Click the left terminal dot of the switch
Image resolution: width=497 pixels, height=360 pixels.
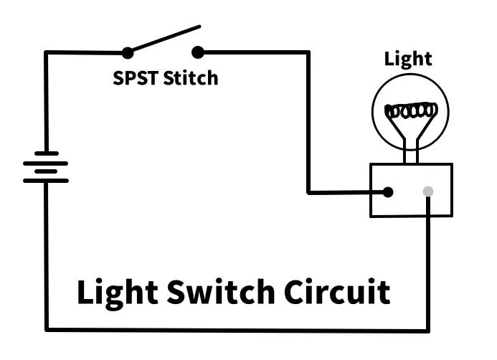click(127, 52)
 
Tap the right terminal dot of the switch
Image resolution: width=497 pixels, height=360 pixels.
click(198, 52)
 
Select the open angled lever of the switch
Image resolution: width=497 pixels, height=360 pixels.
click(164, 39)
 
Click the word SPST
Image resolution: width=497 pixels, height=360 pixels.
click(136, 77)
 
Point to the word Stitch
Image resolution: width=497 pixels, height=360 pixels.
click(190, 77)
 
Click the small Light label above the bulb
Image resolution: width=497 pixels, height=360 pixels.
click(408, 58)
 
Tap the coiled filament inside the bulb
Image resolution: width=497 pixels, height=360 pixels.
click(410, 112)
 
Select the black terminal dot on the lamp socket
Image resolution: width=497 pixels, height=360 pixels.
click(388, 191)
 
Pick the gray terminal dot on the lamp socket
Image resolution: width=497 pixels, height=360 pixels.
click(428, 191)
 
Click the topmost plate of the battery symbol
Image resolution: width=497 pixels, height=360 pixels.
click(46, 153)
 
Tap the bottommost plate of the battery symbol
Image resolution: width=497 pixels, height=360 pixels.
click(46, 181)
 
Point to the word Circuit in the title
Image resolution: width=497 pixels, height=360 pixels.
click(337, 293)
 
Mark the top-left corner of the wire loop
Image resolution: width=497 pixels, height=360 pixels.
click(46, 52)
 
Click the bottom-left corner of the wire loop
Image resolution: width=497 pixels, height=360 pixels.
click(47, 330)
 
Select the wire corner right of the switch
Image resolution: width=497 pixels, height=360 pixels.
click(309, 52)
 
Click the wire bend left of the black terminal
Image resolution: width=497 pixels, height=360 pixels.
click(309, 192)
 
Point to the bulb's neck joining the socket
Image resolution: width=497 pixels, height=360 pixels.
click(410, 152)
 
